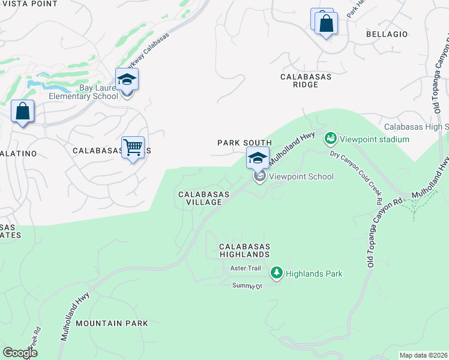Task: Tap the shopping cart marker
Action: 133,146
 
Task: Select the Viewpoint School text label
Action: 301,176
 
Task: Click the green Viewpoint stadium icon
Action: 330,139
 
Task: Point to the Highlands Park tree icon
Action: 276,274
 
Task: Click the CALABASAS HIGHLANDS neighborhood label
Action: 244,251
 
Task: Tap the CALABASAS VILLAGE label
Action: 200,198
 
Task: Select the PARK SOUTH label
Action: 244,143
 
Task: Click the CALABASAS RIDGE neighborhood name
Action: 306,80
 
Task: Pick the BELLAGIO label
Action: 387,34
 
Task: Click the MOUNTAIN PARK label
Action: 112,323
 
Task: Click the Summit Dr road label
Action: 248,286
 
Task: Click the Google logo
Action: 20,353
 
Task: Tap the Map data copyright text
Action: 423,355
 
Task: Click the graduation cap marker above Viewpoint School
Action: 258,158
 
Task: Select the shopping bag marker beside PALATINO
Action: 23,112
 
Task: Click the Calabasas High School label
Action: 416,127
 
